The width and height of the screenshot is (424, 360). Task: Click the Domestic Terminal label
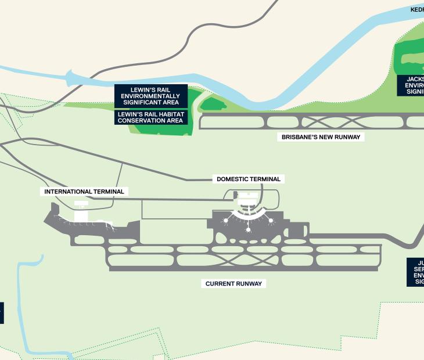249,179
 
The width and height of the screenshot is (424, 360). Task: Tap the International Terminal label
84,192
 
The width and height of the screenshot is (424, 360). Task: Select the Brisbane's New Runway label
321,138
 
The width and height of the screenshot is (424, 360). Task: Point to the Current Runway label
234,284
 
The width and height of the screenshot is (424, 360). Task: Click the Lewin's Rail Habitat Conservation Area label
151,118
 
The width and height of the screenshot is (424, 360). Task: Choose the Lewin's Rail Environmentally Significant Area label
151,96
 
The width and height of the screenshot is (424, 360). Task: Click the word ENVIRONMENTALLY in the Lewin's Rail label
151,96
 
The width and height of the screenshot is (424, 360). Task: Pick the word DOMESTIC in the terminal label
233,179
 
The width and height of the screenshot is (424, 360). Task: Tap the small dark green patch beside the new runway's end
214,105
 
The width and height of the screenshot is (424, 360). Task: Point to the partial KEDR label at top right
417,9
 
